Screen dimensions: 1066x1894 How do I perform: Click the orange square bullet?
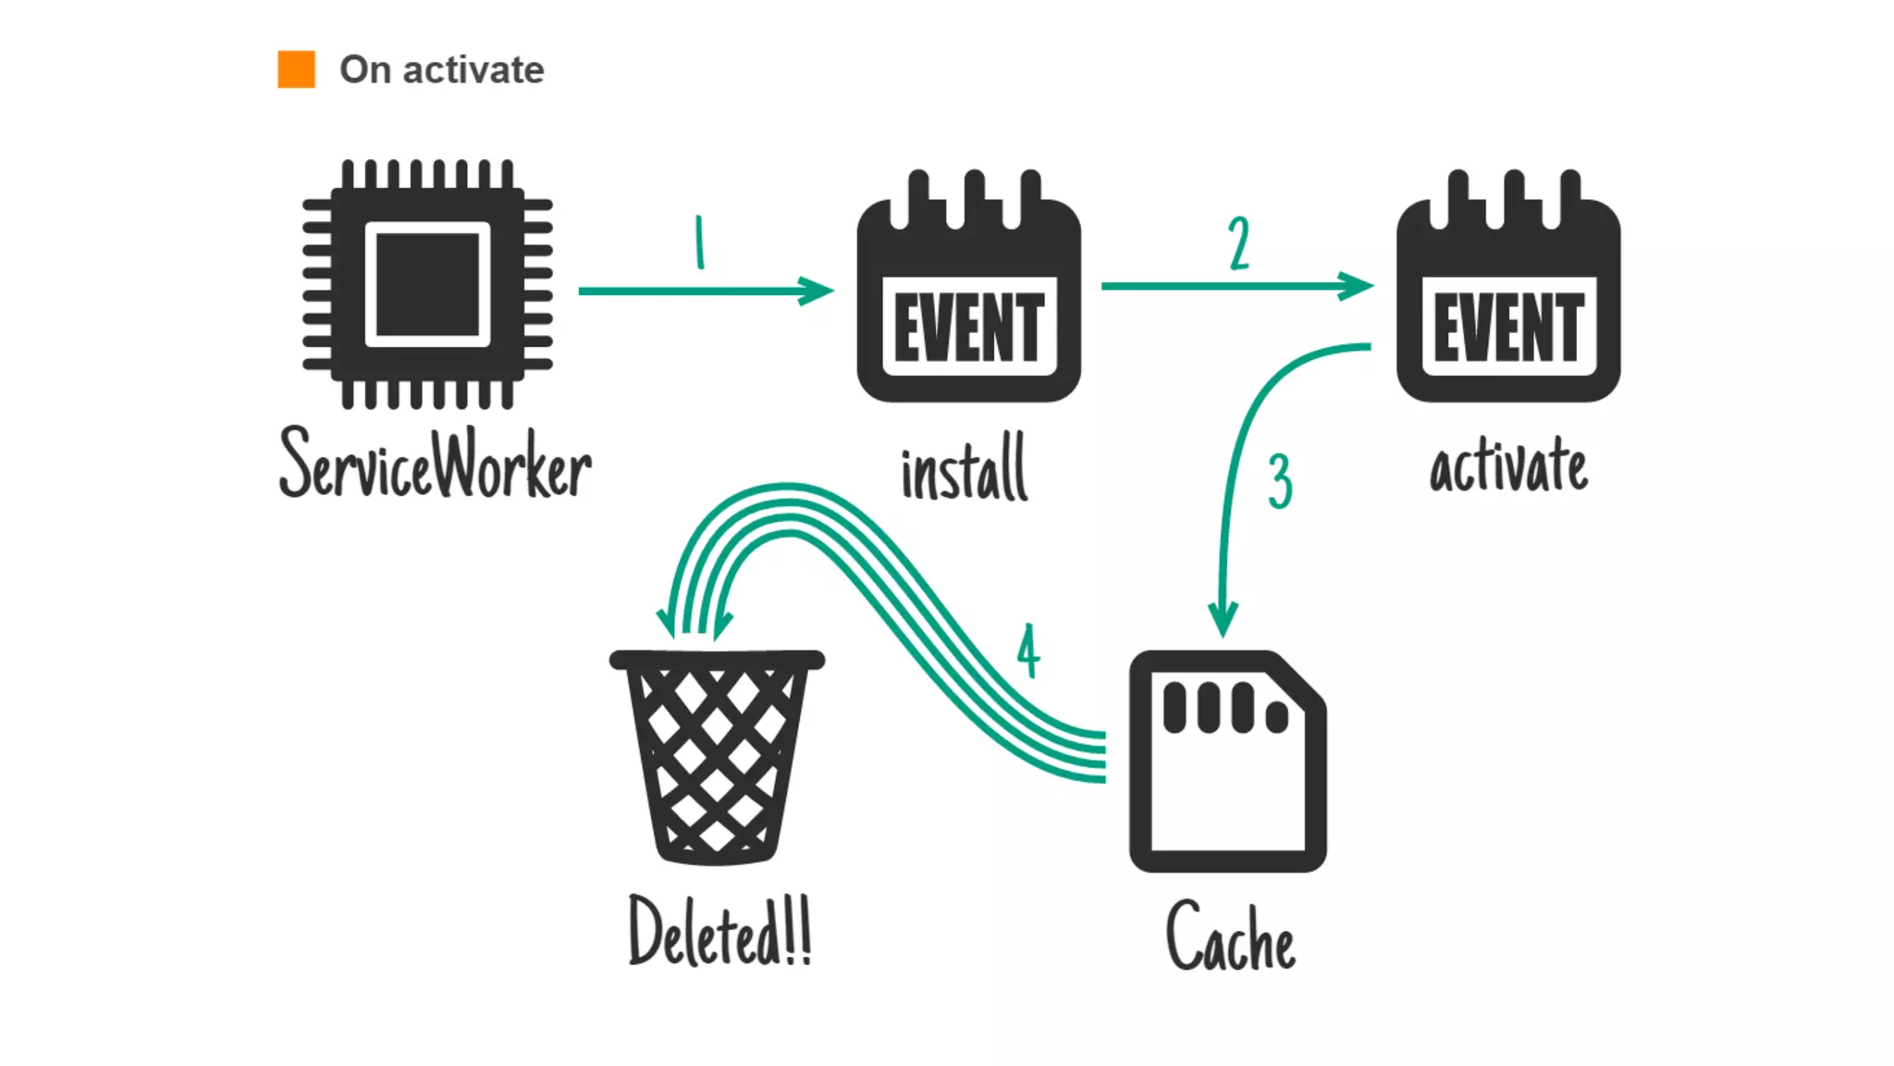coord(296,69)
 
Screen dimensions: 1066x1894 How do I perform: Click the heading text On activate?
coord(441,69)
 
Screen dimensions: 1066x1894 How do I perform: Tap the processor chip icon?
coord(427,284)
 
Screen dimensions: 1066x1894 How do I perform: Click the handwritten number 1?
coord(700,242)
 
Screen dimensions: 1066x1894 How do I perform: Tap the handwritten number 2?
coord(1239,243)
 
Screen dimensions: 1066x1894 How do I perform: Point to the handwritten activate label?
coord(1508,465)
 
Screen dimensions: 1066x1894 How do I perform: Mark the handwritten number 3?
coord(1280,481)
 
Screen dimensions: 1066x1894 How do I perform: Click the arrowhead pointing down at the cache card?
coord(1223,618)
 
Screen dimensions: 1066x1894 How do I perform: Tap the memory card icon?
coord(1227,762)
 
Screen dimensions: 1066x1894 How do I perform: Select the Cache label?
coord(1230,937)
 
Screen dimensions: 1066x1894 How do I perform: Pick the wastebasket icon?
coord(717,757)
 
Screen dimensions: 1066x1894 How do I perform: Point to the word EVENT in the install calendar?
coord(968,328)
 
